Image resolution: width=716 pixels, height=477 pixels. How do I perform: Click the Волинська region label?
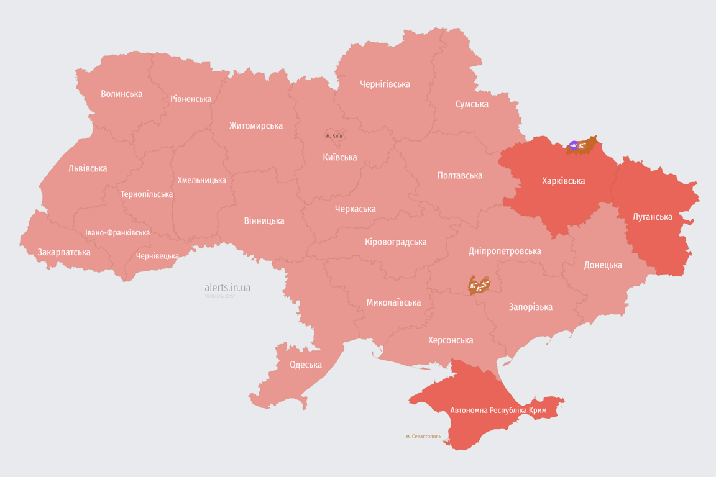click(x=121, y=94)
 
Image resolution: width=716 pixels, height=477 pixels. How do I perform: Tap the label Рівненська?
click(x=191, y=99)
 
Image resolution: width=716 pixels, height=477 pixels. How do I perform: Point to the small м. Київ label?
click(x=334, y=135)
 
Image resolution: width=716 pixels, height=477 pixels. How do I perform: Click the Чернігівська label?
click(x=385, y=84)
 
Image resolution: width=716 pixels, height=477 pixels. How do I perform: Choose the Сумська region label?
click(x=472, y=104)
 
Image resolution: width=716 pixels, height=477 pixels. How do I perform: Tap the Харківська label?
click(x=563, y=181)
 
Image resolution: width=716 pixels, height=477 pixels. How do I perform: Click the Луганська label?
click(x=652, y=217)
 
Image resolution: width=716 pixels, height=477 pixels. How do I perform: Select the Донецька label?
click(x=602, y=265)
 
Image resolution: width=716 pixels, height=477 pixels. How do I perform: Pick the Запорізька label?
click(x=530, y=307)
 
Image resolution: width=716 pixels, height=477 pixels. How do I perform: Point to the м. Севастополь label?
click(x=423, y=437)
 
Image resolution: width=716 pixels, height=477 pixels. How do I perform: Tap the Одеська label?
click(x=306, y=365)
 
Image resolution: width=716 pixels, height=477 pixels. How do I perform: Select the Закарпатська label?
click(x=64, y=252)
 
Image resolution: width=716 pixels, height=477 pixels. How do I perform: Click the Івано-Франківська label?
click(x=117, y=233)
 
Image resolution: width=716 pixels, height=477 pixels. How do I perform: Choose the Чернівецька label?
click(x=157, y=256)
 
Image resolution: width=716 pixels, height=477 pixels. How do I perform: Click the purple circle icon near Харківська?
click(x=574, y=146)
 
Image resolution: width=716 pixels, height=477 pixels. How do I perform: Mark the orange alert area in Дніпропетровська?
click(x=479, y=285)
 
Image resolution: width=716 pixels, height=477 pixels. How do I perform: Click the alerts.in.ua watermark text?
click(x=227, y=288)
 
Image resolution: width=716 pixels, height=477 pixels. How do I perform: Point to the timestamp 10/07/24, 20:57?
click(x=220, y=296)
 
